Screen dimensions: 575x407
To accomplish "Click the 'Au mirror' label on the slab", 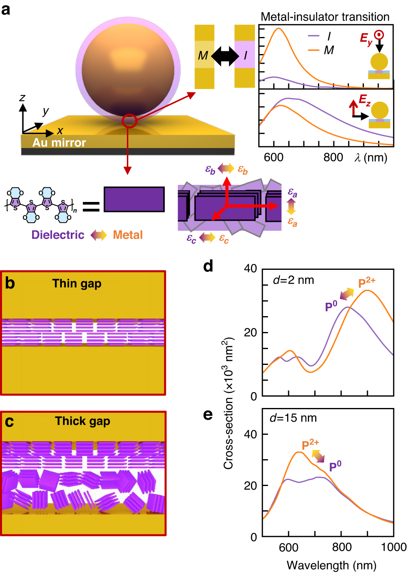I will (x=59, y=143).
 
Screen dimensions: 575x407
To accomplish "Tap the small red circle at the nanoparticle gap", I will (x=129, y=120).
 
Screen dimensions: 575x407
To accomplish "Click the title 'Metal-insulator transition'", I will (x=325, y=17).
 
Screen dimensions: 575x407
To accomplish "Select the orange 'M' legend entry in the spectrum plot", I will (x=321, y=50).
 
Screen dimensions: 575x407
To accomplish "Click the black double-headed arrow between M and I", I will (x=224, y=56).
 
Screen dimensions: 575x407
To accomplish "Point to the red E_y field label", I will (x=366, y=39).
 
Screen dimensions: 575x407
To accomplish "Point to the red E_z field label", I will (x=364, y=99).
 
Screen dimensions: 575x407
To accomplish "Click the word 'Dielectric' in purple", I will (x=58, y=235).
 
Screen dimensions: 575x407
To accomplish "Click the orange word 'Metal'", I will (x=128, y=235).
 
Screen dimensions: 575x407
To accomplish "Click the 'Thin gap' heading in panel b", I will (x=77, y=283).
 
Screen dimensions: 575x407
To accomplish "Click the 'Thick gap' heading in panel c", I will (x=83, y=421).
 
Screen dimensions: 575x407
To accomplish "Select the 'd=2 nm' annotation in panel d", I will (x=294, y=280).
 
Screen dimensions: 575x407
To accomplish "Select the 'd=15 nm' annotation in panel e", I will (x=293, y=418).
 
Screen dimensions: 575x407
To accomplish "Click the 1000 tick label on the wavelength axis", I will (x=393, y=547).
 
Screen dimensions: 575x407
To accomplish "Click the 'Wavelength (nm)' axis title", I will (x=331, y=565).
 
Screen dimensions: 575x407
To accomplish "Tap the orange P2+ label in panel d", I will (x=367, y=282).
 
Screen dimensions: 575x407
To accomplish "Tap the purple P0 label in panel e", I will (x=335, y=466).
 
